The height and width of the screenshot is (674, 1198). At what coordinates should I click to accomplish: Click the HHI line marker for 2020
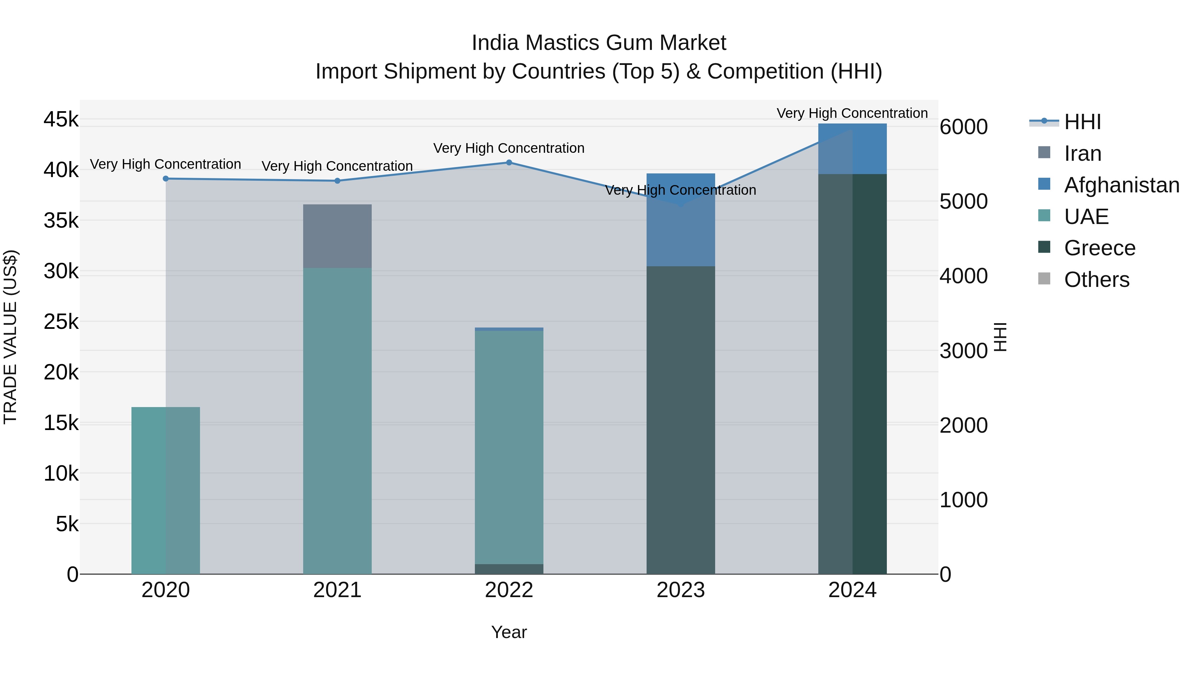tap(166, 179)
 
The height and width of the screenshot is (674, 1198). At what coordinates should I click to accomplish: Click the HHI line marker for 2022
tap(509, 162)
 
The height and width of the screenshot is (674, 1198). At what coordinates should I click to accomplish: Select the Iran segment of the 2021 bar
tap(337, 236)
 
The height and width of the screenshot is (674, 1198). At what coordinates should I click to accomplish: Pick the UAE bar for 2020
tap(166, 490)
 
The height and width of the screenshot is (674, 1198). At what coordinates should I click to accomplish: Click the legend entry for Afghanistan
tap(1121, 185)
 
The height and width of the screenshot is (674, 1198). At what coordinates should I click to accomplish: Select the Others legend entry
tap(1096, 280)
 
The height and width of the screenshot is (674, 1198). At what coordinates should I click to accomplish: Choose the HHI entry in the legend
tap(1082, 122)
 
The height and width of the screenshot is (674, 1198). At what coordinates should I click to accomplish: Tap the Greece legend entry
tap(1099, 248)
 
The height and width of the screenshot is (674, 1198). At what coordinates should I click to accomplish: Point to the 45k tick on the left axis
tap(61, 119)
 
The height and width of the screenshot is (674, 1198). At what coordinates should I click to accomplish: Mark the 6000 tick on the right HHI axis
tap(963, 127)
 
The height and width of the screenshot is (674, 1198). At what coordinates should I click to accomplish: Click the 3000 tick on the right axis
tap(963, 351)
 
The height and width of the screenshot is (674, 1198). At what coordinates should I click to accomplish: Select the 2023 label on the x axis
tap(681, 590)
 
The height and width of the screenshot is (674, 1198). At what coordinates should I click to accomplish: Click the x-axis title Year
tap(509, 632)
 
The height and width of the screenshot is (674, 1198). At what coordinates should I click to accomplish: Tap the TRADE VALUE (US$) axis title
tap(10, 337)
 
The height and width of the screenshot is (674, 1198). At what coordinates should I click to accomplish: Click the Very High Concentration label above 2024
tap(852, 113)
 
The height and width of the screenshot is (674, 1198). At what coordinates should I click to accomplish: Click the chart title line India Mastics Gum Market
tap(599, 43)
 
